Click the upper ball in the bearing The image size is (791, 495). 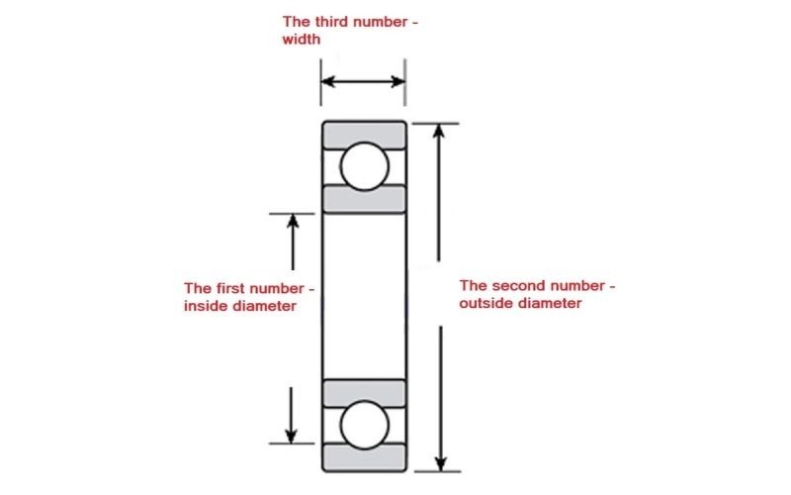tap(364, 166)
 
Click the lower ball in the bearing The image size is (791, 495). tap(364, 425)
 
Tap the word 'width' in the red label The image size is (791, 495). tap(302, 40)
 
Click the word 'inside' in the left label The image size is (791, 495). tap(202, 306)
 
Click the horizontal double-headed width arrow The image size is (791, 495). tap(363, 81)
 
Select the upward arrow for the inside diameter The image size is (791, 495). tap(293, 242)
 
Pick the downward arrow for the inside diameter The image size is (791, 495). tap(291, 415)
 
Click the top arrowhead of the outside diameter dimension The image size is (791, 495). tap(439, 131)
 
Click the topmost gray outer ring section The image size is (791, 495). tap(364, 135)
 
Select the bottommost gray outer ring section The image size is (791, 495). tap(364, 457)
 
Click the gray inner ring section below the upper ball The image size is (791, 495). tap(364, 199)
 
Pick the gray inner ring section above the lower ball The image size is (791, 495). tap(364, 393)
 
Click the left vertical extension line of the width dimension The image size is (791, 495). tap(320, 82)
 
